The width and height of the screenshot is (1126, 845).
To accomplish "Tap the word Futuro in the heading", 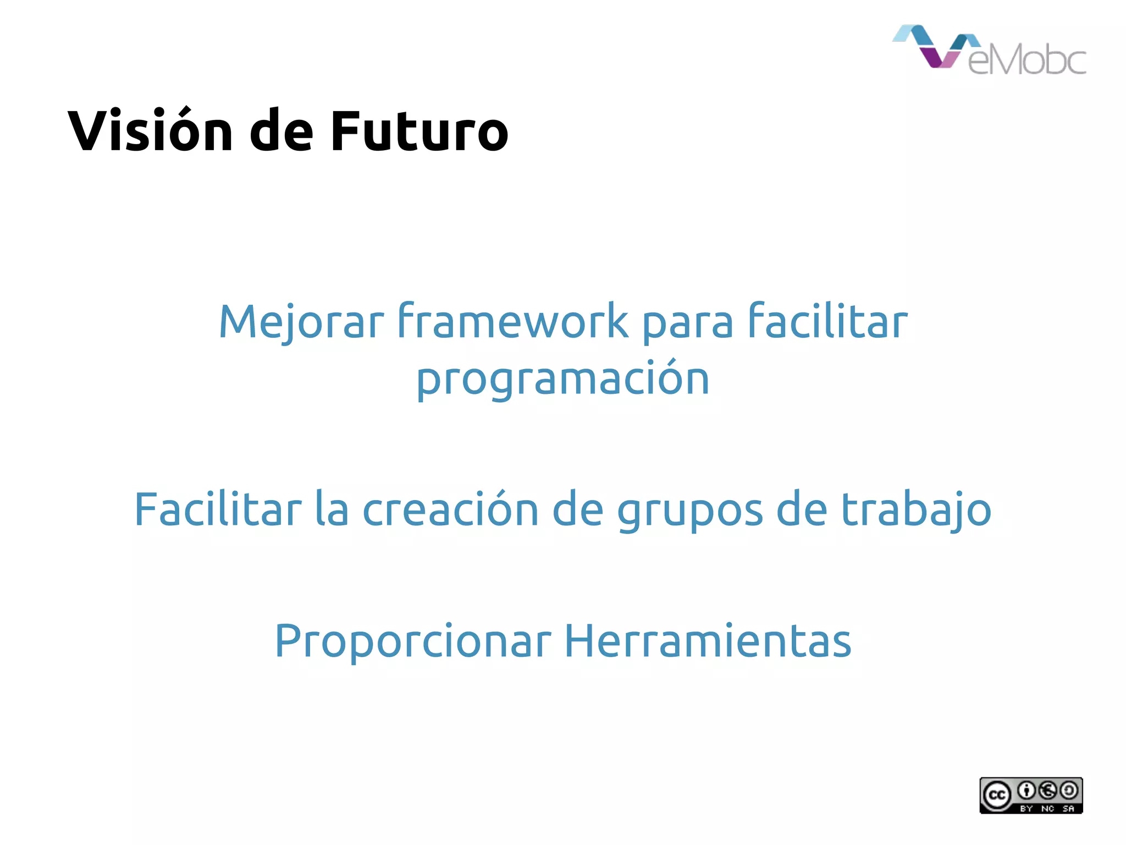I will [419, 131].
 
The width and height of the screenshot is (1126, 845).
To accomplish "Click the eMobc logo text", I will [1026, 59].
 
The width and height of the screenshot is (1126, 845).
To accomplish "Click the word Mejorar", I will [301, 322].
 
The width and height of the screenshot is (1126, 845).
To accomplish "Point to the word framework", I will [512, 322].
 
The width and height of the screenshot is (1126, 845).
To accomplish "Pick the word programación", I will [563, 380].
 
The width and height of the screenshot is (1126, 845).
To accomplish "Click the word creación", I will [450, 509].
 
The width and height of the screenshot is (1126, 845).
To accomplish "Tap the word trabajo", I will [916, 509].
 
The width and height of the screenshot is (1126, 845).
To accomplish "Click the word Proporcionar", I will [412, 641].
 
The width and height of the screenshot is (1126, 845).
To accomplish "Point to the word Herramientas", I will [708, 640].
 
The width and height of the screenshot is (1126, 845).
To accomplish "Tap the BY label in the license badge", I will [1026, 809].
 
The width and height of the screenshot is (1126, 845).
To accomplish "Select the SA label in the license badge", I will [1068, 809].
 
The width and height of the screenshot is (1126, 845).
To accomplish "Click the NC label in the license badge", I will [1047, 809].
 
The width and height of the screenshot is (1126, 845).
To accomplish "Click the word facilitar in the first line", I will [827, 322].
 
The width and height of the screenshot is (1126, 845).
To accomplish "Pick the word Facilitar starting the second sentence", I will [218, 509].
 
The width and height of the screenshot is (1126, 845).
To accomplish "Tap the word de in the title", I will [281, 131].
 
